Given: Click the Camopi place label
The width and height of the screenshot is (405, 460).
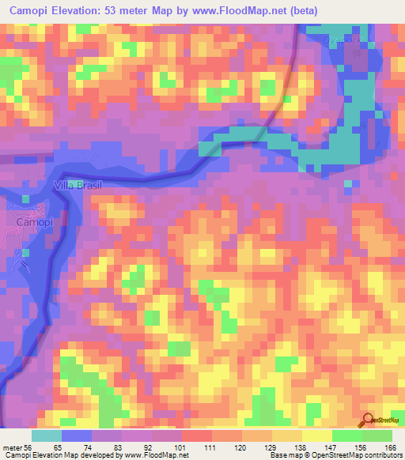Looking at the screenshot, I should (31, 224).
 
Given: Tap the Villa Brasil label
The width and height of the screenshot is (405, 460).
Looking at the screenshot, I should (78, 185).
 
